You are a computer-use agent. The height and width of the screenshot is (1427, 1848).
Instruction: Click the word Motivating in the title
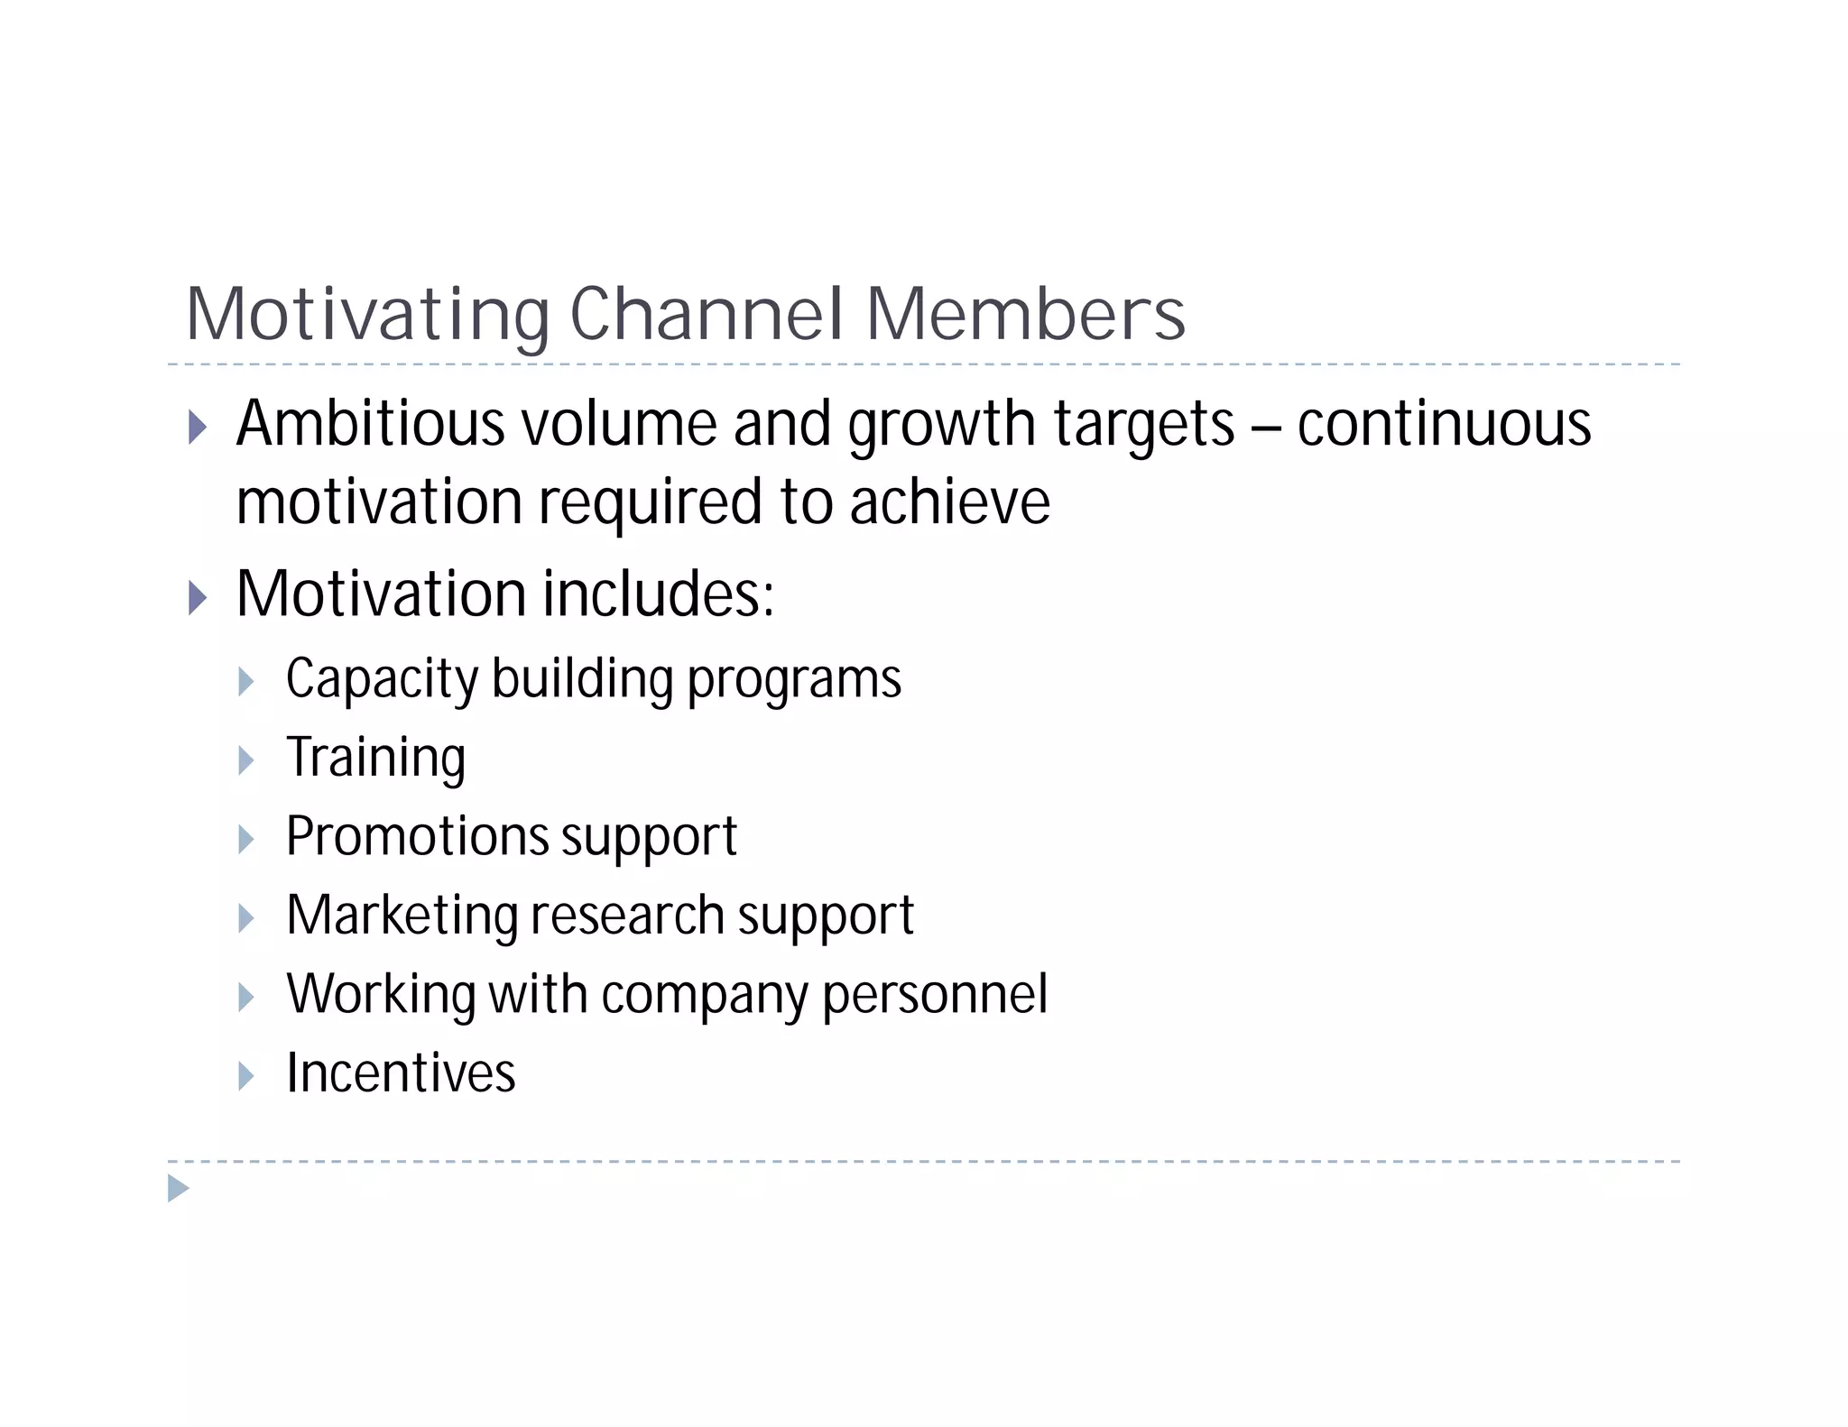(366, 315)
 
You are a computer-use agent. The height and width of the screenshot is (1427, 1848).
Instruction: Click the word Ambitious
(370, 423)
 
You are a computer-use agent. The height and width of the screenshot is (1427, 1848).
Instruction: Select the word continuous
(1444, 423)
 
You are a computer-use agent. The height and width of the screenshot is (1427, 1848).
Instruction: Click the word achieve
(949, 502)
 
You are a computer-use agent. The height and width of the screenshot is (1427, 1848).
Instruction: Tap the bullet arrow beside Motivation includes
(198, 597)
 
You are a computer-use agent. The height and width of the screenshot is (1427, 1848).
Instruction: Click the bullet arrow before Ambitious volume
(198, 427)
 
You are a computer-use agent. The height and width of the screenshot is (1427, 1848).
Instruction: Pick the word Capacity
(381, 679)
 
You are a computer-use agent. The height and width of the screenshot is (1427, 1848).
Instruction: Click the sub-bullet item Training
(375, 758)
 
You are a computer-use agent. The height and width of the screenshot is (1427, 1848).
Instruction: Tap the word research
(627, 915)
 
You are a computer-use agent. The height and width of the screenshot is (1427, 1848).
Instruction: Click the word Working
(380, 994)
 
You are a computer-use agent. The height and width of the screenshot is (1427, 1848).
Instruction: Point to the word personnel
(935, 994)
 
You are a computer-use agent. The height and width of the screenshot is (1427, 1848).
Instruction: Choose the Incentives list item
(401, 1073)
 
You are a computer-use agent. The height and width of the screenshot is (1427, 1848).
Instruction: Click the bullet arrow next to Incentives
(246, 1075)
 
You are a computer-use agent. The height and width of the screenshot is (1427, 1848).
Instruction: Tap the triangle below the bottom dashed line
(179, 1188)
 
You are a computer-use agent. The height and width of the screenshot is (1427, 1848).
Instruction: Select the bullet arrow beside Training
(246, 760)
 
